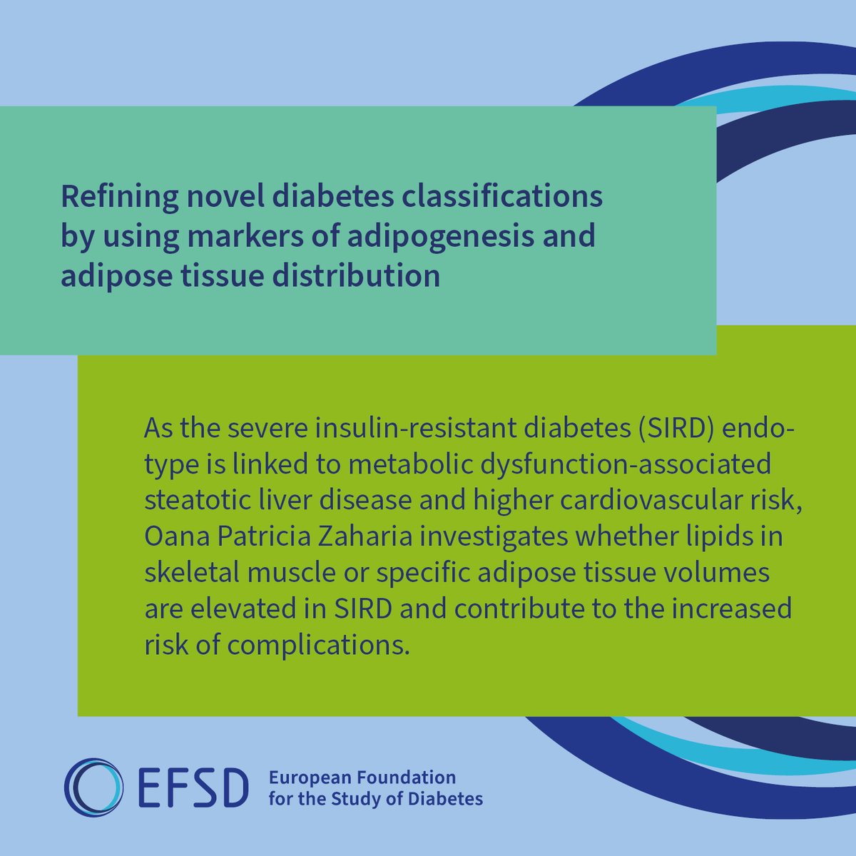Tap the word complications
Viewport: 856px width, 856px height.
coord(319,645)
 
